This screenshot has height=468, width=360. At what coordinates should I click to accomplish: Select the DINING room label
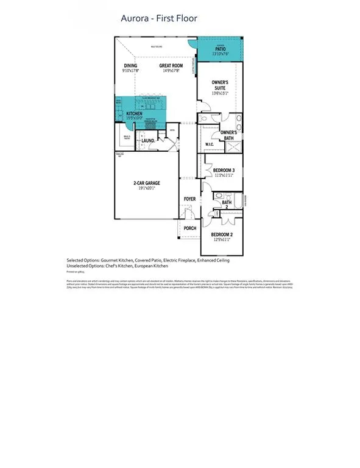pos(130,66)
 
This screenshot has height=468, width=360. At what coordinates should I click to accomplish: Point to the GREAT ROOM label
pos(171,66)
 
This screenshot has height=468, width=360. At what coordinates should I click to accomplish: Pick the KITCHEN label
pos(134,114)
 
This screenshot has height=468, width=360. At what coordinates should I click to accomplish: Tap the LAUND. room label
pos(148,141)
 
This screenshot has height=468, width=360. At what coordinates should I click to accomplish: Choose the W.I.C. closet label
pos(210,144)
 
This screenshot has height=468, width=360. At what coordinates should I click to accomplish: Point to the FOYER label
pos(190,199)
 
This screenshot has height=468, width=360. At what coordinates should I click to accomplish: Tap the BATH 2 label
pos(227,205)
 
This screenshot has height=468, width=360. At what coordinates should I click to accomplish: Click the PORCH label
pos(190,229)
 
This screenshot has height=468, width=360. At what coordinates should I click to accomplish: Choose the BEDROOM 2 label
pos(222,235)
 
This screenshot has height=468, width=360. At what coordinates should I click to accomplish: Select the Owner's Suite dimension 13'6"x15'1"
pos(219,93)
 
